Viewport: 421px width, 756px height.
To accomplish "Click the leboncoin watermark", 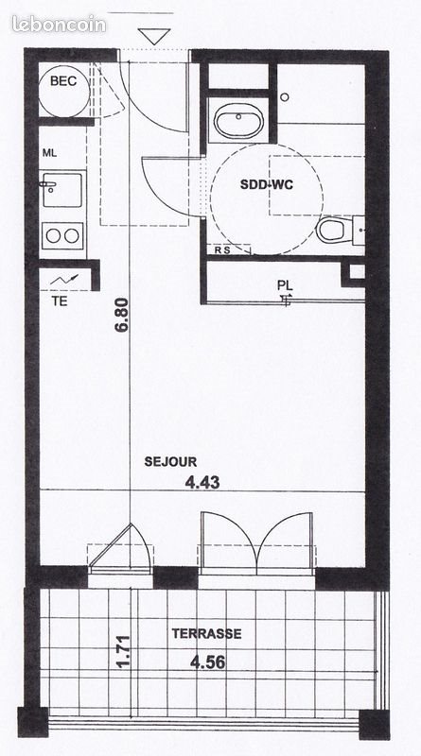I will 60,24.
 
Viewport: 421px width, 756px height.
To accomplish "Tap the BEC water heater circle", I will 64,90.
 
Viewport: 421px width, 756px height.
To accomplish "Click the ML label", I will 49,152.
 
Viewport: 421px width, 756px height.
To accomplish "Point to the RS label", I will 223,250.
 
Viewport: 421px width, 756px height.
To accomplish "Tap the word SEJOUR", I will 170,462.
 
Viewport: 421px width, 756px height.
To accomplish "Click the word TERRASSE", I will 206,634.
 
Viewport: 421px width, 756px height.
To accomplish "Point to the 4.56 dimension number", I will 206,661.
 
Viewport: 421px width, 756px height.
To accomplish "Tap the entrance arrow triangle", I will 154,37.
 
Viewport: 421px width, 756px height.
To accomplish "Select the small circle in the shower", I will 285,95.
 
